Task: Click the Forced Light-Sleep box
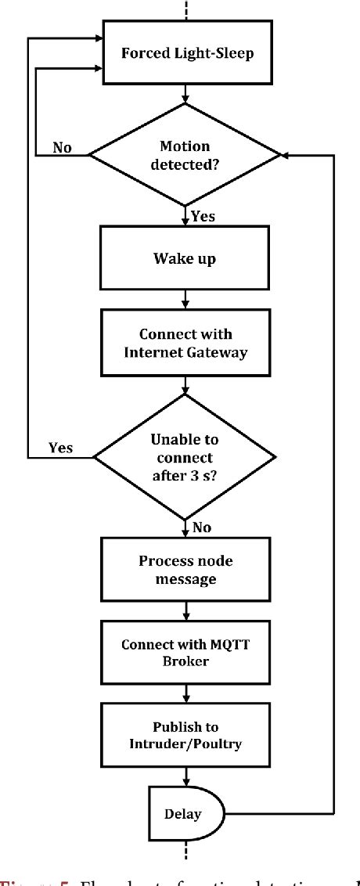click(x=185, y=54)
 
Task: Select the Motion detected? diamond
click(x=185, y=157)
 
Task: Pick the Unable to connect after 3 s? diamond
click(x=185, y=456)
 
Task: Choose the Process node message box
click(x=185, y=569)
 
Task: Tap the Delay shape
click(x=182, y=814)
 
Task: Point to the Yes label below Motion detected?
click(x=203, y=217)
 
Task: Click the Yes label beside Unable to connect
click(x=60, y=448)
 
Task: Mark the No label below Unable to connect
click(x=202, y=527)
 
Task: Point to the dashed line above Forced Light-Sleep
click(x=185, y=11)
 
